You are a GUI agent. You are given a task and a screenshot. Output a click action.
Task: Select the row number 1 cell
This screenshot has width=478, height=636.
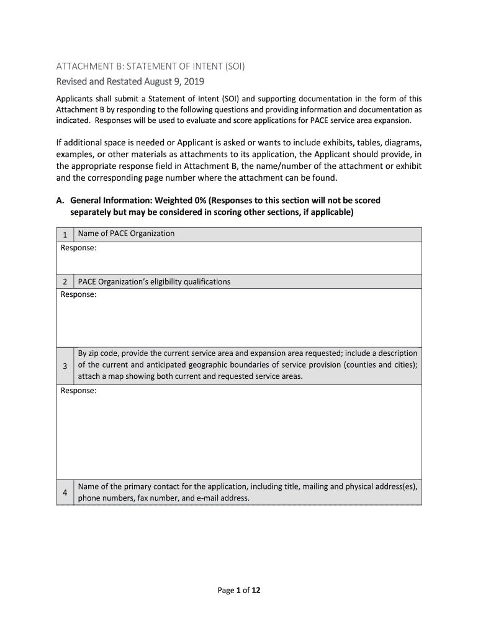(x=65, y=235)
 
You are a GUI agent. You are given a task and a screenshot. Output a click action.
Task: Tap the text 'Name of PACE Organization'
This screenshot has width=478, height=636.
(x=126, y=234)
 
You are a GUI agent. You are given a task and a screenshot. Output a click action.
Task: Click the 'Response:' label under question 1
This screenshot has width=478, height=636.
(x=78, y=248)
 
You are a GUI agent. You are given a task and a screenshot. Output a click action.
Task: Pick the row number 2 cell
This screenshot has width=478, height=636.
(x=65, y=282)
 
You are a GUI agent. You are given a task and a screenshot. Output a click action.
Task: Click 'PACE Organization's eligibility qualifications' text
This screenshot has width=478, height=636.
(x=154, y=281)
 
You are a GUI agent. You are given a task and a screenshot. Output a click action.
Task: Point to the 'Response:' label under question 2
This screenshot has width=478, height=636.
(x=78, y=294)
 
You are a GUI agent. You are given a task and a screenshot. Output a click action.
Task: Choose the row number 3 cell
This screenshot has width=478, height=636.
(x=65, y=366)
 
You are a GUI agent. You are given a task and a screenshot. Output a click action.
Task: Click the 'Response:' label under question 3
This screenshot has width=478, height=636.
(x=78, y=391)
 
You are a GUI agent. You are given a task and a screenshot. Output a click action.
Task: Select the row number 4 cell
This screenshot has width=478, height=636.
(x=65, y=493)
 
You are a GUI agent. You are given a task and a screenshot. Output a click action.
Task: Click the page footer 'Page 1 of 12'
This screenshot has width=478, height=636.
(x=239, y=591)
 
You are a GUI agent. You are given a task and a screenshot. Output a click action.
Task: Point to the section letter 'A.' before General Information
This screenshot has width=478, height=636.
(x=61, y=201)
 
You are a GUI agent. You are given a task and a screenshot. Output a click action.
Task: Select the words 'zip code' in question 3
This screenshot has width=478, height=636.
(x=104, y=353)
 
